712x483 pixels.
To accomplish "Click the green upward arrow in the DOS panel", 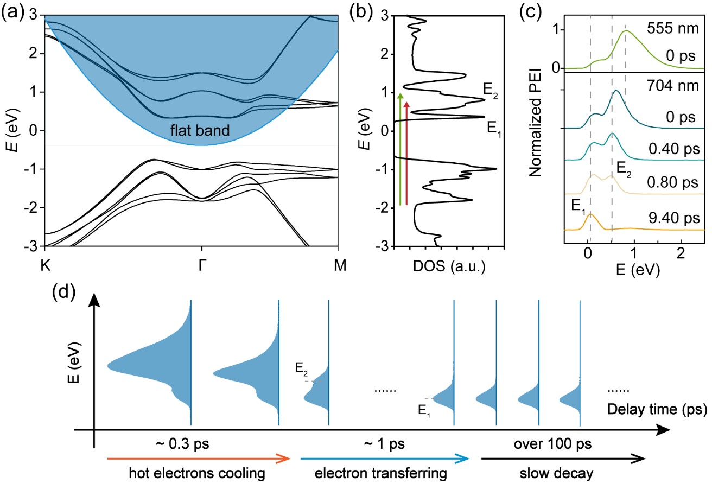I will (x=400, y=149).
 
